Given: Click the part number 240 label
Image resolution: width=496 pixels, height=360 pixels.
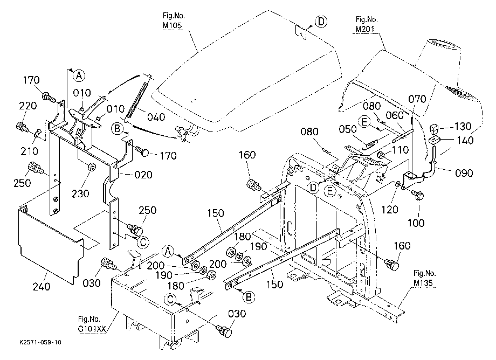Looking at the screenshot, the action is coord(42,286).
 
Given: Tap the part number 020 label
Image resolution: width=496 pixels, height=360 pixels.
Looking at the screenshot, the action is coord(143,175).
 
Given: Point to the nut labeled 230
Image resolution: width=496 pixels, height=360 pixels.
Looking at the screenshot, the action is coord(92,166).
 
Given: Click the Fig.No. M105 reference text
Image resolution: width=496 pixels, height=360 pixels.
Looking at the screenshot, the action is coord(174,20).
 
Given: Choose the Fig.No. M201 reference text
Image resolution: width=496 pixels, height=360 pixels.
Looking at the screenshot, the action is coord(366,24).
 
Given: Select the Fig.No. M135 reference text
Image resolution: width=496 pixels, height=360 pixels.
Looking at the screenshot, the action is coord(424,278).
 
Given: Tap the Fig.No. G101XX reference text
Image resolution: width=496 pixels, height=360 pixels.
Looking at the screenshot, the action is coord(92,324).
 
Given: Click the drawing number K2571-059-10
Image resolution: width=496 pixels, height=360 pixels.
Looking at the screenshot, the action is coord(40,342).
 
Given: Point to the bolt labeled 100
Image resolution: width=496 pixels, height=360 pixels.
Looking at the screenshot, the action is coord(417,195).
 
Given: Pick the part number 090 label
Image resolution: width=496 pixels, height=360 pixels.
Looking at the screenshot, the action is coord(464,173).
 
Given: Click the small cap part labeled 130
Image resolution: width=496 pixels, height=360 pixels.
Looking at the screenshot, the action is coord(433,129).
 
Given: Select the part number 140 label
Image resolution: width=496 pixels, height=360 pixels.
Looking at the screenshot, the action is coord(465,140).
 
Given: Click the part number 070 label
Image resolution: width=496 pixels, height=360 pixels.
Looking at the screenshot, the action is coord(417,99).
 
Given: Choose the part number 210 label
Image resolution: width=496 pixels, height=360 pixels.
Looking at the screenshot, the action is coord(30,151).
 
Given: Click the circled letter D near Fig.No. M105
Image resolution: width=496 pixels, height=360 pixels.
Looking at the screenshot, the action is coord(321,22).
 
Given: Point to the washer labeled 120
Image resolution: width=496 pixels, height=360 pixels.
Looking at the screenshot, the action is coord(397,184).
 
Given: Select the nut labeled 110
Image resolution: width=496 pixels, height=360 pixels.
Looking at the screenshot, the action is coord(381,155).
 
